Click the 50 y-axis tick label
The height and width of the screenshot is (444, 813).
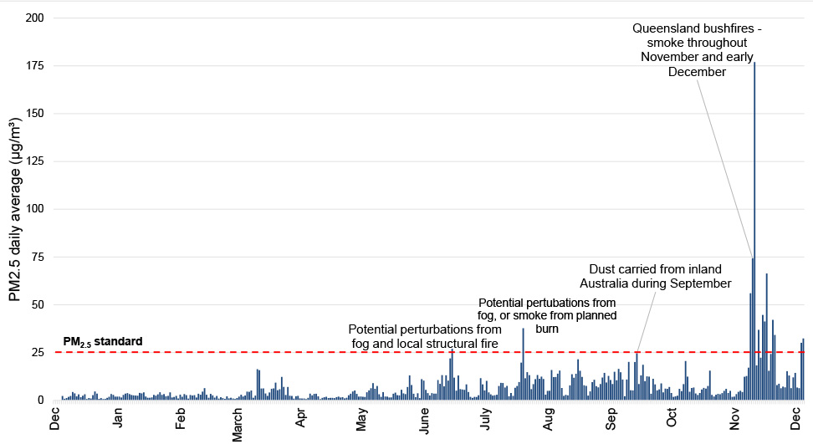pos(38,304)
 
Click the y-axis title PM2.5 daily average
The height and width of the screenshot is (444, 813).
pos(15,208)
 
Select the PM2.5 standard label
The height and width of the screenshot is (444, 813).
pos(103,341)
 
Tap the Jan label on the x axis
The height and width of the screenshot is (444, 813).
pos(118,416)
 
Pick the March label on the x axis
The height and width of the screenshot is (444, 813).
pos(238,421)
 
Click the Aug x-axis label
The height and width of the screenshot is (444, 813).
pos(549,416)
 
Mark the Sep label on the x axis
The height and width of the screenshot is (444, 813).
pos(611,416)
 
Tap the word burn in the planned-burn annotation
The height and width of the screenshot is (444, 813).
pos(547,329)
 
